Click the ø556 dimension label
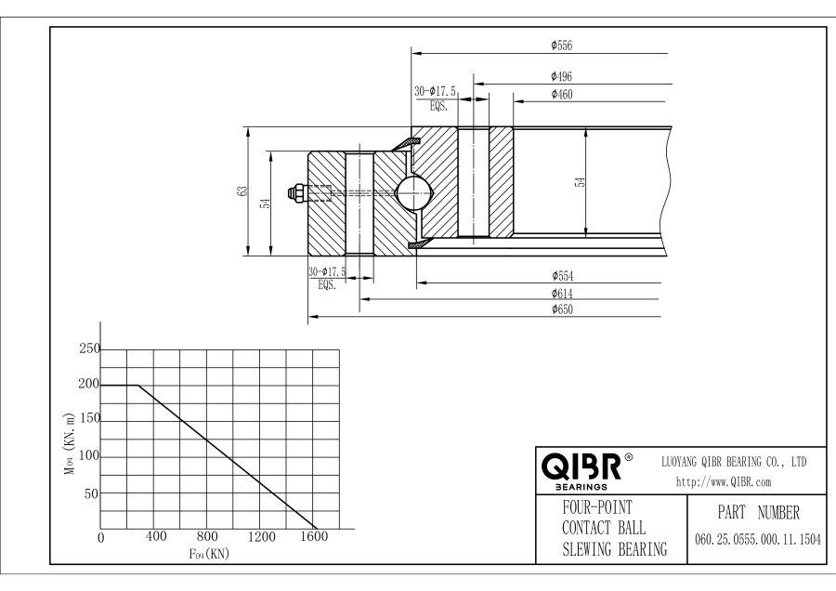pos(561,45)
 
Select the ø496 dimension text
pos(561,76)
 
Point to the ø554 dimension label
pos(561,276)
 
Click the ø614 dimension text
pos(561,293)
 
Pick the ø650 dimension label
pos(561,309)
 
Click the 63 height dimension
pos(242,190)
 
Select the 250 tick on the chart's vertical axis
pos(87,349)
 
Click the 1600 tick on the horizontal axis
pos(315,536)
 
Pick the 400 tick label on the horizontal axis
pos(155,536)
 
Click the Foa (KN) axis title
pos(208,554)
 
